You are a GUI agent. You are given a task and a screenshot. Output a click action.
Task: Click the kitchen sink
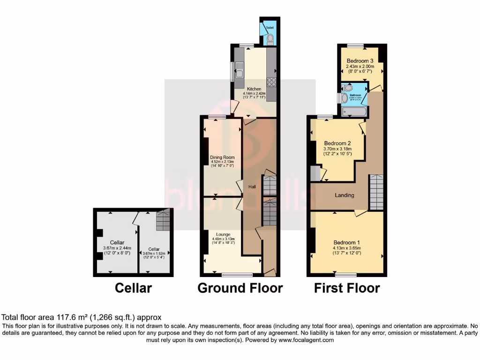pyautogui.click(x=239, y=73)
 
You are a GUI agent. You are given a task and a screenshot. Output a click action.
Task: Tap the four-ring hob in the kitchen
pyautogui.click(x=271, y=82)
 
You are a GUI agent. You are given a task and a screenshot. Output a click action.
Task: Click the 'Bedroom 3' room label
pyautogui.click(x=360, y=61)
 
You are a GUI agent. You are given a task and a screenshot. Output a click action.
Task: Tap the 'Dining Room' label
pyautogui.click(x=222, y=157)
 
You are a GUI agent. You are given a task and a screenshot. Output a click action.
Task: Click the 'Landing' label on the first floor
pyautogui.click(x=344, y=195)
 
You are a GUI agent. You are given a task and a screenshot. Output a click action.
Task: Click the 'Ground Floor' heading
pyautogui.click(x=240, y=287)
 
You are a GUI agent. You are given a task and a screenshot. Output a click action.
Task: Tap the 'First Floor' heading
pyautogui.click(x=347, y=287)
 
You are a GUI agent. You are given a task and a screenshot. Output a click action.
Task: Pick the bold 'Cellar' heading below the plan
pyautogui.click(x=134, y=287)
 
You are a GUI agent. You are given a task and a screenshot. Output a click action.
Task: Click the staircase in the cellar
pyautogui.click(x=162, y=219)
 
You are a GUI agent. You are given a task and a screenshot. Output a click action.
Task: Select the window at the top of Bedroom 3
pyautogui.click(x=355, y=45)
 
